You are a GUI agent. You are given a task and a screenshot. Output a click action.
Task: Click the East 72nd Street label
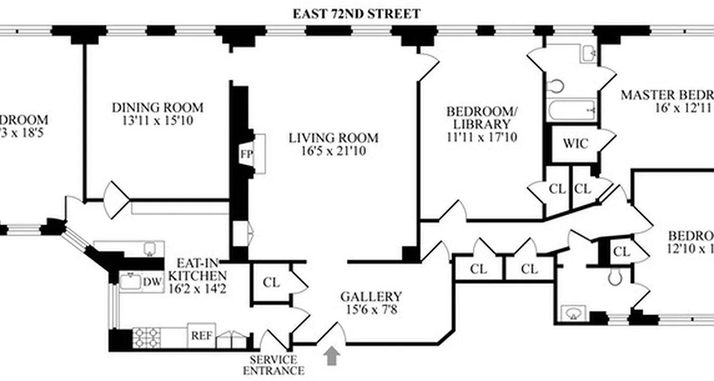(x=357, y=13)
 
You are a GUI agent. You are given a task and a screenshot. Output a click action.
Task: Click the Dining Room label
(x=158, y=108)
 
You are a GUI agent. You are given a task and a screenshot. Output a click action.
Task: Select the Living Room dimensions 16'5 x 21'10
(x=333, y=151)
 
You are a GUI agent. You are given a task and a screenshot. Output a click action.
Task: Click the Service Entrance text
(x=273, y=365)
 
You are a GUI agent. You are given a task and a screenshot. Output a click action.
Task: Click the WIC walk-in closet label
(x=575, y=143)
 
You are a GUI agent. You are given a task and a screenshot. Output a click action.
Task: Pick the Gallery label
(x=371, y=297)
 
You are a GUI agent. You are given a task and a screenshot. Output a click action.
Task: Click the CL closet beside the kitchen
(x=271, y=282)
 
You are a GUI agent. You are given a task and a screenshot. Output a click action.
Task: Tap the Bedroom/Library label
(x=481, y=118)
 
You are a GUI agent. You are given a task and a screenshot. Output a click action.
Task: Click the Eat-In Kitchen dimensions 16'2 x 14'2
(x=198, y=288)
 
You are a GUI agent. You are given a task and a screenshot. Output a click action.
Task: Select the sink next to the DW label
(x=129, y=281)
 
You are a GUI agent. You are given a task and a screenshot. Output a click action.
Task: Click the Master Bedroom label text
(x=666, y=95)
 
